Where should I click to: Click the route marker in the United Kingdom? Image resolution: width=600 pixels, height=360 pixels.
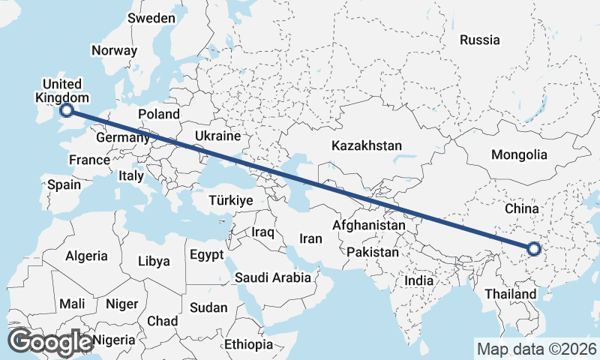(66, 111)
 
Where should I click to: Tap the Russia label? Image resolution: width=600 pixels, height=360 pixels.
(480, 40)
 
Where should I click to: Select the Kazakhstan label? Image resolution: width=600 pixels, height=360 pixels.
(367, 145)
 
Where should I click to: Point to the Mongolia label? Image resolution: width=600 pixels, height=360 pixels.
(518, 155)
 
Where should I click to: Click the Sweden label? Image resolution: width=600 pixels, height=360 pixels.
(151, 18)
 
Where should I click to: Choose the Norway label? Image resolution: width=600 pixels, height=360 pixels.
(114, 51)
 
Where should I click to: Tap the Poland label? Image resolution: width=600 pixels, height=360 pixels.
(159, 114)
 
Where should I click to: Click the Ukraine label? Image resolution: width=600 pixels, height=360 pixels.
(217, 136)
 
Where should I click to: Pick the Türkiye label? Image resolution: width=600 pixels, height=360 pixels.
(231, 200)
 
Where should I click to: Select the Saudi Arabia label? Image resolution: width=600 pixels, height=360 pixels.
(272, 277)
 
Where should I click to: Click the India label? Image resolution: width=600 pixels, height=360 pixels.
(418, 280)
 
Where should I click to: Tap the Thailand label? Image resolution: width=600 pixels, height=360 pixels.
(511, 294)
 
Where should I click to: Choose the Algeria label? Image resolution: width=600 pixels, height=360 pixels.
(87, 256)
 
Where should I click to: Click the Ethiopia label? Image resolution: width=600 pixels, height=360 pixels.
(249, 345)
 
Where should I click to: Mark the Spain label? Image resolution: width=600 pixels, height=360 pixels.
(64, 184)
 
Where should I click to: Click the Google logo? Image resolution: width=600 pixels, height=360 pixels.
(50, 342)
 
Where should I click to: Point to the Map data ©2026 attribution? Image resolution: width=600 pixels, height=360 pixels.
(537, 349)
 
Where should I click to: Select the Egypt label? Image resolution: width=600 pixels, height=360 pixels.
(206, 255)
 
